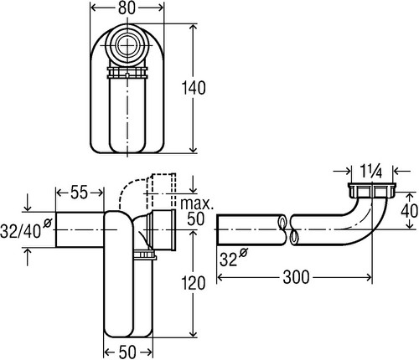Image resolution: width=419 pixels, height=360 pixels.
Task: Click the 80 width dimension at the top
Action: click(x=127, y=8)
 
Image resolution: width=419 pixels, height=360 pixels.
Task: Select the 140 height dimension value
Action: click(x=194, y=88)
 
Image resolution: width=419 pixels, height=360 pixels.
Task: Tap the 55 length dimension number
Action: click(x=80, y=193)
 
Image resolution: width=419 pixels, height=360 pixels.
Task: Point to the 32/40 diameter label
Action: click(x=26, y=229)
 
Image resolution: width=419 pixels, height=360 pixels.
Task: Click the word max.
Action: click(x=197, y=204)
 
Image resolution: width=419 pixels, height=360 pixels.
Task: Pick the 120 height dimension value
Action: click(x=194, y=283)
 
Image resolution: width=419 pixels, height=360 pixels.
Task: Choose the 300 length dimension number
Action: click(x=296, y=277)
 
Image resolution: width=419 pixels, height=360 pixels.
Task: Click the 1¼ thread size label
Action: click(x=371, y=172)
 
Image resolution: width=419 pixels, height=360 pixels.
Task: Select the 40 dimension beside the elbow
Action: click(x=410, y=211)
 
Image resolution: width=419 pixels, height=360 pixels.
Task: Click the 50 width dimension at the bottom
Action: click(x=127, y=352)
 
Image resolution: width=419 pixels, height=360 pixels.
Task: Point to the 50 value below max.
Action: click(x=195, y=219)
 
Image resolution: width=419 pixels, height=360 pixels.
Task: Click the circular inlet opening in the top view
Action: click(x=127, y=45)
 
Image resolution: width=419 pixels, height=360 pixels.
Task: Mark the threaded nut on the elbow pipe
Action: click(x=372, y=190)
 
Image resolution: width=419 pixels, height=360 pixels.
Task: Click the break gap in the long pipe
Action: click(x=287, y=230)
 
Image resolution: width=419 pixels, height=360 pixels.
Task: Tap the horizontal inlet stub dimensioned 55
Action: click(x=80, y=229)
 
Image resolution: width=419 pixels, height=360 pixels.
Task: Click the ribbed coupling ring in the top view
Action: click(x=127, y=73)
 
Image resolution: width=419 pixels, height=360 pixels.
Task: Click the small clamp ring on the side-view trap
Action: click(x=144, y=255)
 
